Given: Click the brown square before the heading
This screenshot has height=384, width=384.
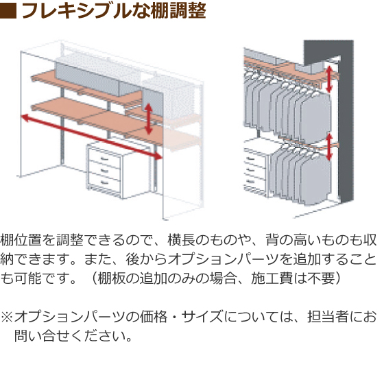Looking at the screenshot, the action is click(8, 11).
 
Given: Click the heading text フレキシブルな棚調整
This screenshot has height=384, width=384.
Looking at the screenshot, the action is click(114, 11).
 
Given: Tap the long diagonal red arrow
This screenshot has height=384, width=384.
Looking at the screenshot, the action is click(92, 137).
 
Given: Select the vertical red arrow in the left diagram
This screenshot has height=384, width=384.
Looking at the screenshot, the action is click(148, 119).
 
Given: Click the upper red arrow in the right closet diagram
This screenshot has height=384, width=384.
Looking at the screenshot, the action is click(329, 79).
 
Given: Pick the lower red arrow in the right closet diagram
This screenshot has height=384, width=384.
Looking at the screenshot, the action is click(329, 147).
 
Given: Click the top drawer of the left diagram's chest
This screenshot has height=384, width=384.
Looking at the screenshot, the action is click(104, 158).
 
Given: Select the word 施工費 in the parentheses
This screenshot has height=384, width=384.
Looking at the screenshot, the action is click(272, 278).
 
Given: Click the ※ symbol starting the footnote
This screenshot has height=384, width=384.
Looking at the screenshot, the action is click(7, 317).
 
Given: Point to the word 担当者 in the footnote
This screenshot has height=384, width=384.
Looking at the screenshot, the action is click(328, 317).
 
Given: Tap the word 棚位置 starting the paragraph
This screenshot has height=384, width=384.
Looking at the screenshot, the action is click(21, 240).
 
